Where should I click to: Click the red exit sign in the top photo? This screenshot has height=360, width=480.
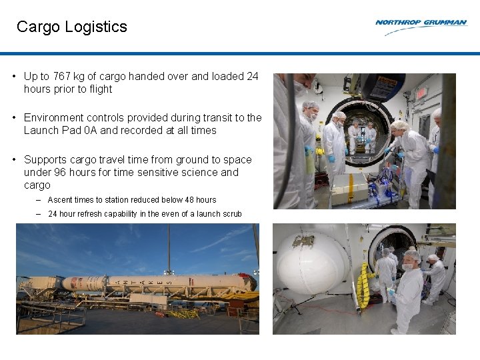point(421,94)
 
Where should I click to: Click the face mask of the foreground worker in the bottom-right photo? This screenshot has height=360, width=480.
point(407,267)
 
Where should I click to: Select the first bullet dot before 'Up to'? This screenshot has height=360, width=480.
point(14,77)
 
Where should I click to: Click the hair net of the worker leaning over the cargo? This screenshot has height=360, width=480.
point(399,124)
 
